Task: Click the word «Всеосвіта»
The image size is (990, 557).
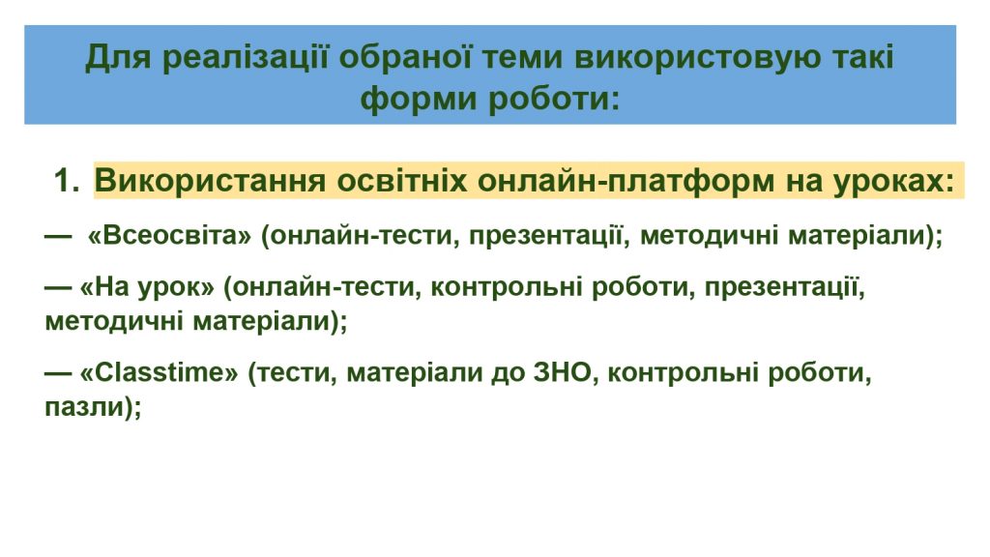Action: coord(169,236)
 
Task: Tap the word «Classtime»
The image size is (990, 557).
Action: coord(160,372)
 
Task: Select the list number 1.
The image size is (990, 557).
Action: coord(66,181)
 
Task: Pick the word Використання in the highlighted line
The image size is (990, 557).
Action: coord(210,181)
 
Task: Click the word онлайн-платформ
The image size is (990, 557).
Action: coord(626,181)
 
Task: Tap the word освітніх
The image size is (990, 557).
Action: coord(402,181)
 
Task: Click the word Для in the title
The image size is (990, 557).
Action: coord(118,57)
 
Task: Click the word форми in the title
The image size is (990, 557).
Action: coord(420,100)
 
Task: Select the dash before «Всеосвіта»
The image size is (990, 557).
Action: coord(58,236)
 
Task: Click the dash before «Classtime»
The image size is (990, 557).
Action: coord(58,372)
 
